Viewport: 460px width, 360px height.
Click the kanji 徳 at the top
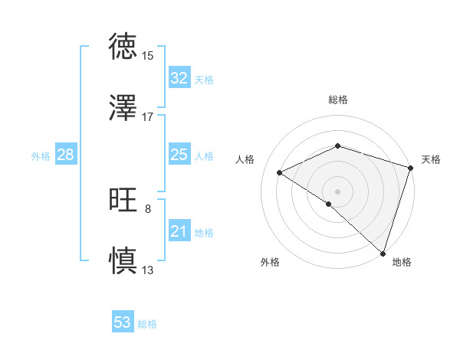click(123, 47)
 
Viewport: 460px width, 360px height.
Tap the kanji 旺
click(123, 201)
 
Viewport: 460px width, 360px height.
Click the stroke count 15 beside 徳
click(148, 56)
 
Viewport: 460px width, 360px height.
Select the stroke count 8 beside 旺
click(148, 209)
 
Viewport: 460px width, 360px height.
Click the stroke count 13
click(148, 270)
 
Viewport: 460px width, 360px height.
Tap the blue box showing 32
click(179, 78)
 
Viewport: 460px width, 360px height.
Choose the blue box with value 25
click(179, 155)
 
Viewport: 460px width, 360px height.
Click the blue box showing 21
click(179, 231)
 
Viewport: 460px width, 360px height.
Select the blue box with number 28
click(66, 155)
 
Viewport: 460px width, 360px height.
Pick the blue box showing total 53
click(123, 322)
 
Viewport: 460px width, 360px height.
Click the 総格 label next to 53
click(147, 324)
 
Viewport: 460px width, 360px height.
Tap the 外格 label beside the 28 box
click(41, 156)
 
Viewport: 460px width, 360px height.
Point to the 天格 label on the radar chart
click(431, 159)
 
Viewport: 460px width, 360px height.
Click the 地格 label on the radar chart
click(402, 262)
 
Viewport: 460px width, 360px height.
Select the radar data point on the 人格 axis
click(280, 173)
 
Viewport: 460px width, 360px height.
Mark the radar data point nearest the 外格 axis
click(329, 204)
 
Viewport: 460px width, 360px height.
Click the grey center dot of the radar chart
click(337, 191)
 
